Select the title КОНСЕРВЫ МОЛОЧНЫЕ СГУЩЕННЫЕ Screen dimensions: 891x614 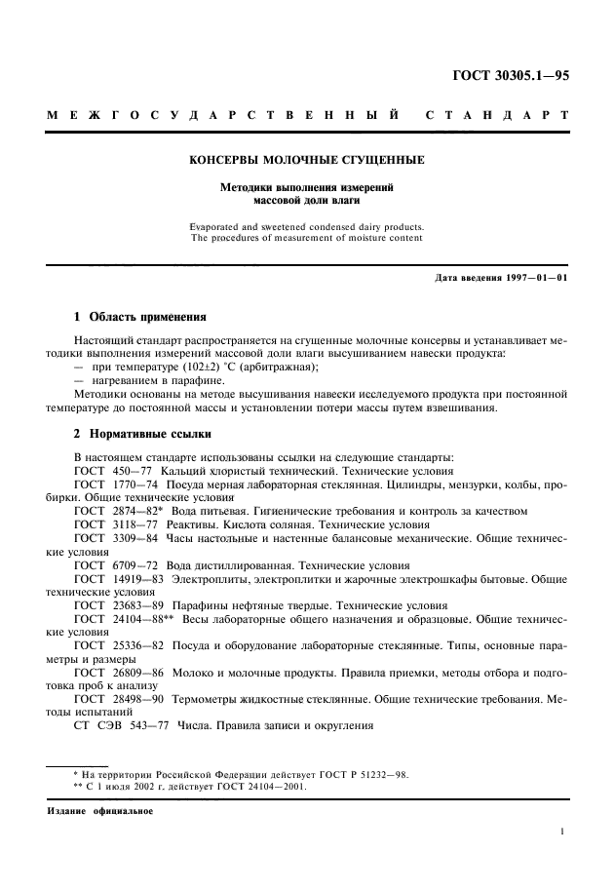point(306,159)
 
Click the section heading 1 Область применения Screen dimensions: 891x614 point(140,317)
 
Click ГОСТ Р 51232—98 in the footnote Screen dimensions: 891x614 point(363,775)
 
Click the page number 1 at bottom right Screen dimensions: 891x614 point(563,832)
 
